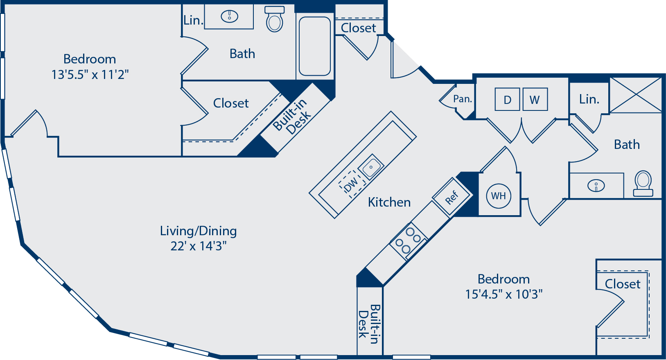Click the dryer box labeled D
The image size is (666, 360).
pos(507,99)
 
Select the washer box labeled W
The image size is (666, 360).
pos(535,99)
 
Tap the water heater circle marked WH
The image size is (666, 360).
pos(499,196)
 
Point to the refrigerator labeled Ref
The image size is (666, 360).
pos(452,197)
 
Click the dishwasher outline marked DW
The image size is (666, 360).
pos(352,184)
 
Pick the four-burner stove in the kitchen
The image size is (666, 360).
pos(409,241)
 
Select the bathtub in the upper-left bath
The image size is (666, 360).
pos(314,46)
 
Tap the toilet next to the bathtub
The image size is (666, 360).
pos(274,19)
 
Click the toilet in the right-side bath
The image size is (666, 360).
pos(643,184)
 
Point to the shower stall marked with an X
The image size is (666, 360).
pos(636,95)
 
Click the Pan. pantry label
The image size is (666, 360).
pos(463,99)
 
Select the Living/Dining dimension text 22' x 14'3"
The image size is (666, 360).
pos(198,246)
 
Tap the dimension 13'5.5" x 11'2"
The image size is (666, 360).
pos(90,74)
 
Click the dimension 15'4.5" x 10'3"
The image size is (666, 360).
pos(503,294)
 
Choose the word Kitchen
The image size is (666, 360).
pos(389,202)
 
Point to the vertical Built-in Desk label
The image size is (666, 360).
pos(369,324)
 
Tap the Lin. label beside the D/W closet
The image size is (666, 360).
pos(589,99)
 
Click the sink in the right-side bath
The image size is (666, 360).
pos(596,186)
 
